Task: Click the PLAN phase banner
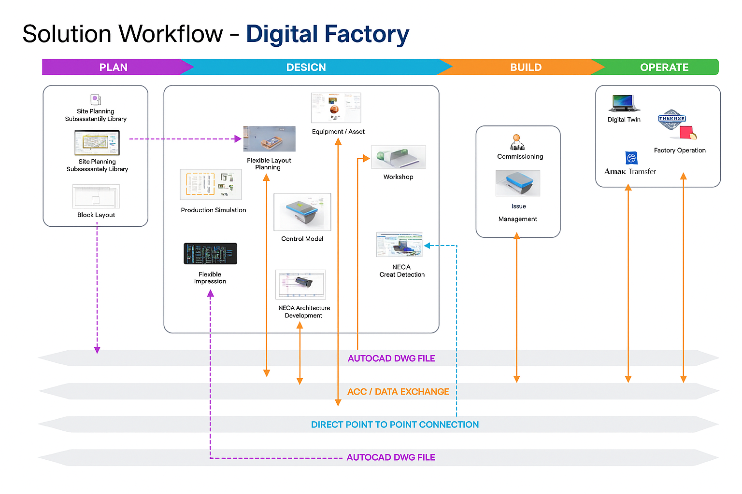(x=113, y=67)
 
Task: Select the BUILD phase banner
(x=526, y=67)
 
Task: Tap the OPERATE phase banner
(x=664, y=67)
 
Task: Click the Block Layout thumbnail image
(x=96, y=196)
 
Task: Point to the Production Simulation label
(x=214, y=210)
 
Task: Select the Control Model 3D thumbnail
(x=302, y=212)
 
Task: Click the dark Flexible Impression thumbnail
(x=211, y=254)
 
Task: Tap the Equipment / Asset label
(x=338, y=132)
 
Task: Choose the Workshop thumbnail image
(x=399, y=157)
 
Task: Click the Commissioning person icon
(x=517, y=142)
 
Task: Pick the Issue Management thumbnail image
(x=518, y=183)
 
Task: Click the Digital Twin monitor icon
(x=624, y=103)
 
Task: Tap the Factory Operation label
(x=680, y=151)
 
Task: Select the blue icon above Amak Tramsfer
(x=631, y=158)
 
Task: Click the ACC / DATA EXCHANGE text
(x=398, y=392)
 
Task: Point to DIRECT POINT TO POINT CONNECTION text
(x=395, y=425)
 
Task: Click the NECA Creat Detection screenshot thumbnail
(x=399, y=245)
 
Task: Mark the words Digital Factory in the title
(x=328, y=34)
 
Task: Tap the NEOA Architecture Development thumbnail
(x=300, y=285)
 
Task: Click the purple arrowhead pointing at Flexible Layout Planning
(x=238, y=139)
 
